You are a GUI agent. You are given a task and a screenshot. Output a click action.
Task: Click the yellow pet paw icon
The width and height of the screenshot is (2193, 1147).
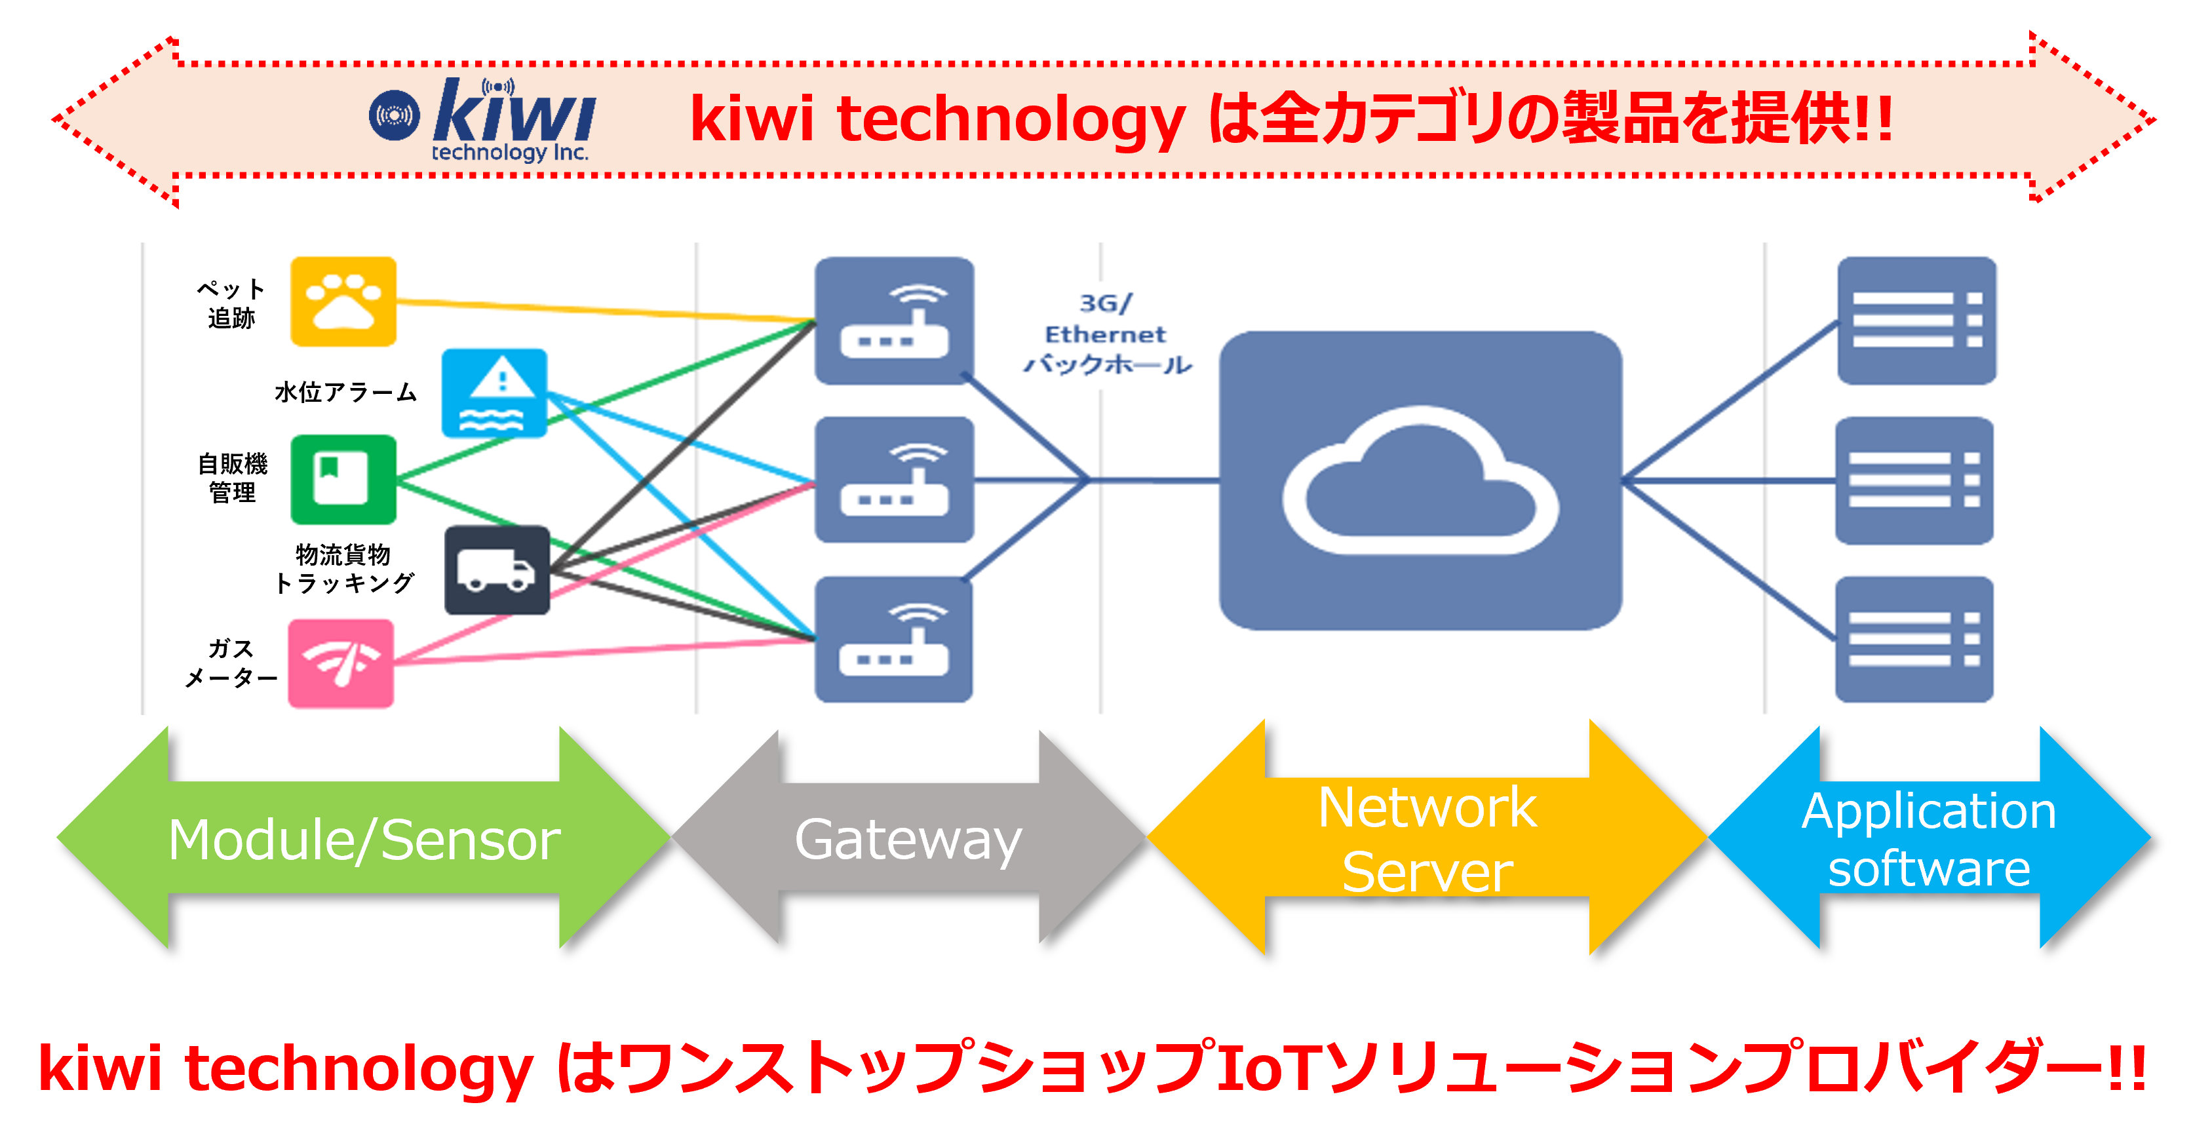click(x=343, y=301)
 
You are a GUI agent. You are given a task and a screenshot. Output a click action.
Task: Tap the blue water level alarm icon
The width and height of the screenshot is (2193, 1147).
click(x=494, y=393)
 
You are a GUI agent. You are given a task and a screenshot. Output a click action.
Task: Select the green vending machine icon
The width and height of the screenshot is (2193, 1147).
click(x=343, y=479)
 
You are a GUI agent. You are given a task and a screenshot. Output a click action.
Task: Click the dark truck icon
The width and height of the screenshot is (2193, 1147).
click(x=497, y=570)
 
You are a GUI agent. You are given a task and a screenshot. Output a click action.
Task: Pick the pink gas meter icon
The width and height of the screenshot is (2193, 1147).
click(x=341, y=663)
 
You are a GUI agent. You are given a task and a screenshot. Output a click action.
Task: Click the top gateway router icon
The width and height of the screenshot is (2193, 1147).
click(x=894, y=320)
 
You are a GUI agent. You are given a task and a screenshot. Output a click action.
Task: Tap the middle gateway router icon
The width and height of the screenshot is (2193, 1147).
click(x=894, y=479)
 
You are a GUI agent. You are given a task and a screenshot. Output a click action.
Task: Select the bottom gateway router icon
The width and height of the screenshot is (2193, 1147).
click(x=894, y=640)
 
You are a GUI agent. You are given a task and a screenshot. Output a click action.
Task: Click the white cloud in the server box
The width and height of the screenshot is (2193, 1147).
click(x=1420, y=481)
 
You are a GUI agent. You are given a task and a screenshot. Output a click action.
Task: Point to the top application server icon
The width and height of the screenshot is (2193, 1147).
click(x=1916, y=320)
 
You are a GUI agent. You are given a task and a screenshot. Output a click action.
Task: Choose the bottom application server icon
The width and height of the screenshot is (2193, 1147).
click(x=1914, y=640)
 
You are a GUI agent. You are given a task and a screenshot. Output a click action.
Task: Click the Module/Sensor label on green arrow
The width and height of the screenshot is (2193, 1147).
click(x=364, y=840)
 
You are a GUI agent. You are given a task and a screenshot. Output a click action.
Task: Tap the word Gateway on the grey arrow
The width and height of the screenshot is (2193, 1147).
click(x=908, y=840)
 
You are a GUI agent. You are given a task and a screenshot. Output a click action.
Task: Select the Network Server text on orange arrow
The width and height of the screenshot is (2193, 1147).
click(x=1427, y=840)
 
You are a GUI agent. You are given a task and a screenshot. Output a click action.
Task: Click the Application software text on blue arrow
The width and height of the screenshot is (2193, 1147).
click(x=1929, y=840)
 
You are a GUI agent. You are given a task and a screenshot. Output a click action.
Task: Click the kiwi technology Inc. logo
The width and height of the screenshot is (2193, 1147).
click(x=482, y=119)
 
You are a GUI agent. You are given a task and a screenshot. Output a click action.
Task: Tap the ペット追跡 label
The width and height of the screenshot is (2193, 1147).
click(x=231, y=303)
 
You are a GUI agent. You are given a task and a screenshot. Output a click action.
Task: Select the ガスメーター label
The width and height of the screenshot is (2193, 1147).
click(x=231, y=663)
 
